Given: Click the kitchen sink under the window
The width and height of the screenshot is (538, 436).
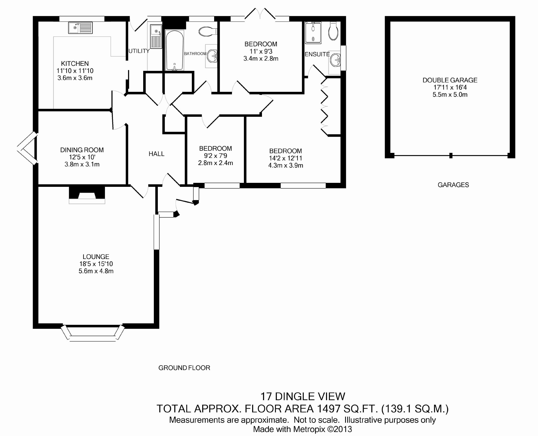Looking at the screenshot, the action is tap(80, 28).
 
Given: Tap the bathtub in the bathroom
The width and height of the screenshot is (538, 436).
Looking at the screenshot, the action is tap(174, 50).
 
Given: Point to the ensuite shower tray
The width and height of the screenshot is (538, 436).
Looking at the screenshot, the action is tap(313, 33).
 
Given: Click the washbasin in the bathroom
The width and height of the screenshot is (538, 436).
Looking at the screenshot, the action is tap(212, 56).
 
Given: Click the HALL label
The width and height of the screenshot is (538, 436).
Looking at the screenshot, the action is tap(156, 154).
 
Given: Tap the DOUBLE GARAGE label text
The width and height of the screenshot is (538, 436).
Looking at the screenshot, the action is tap(450, 80).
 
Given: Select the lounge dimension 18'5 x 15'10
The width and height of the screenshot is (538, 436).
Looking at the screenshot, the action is tap(96, 264).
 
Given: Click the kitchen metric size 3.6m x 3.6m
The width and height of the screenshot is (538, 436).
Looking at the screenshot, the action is tap(75, 78).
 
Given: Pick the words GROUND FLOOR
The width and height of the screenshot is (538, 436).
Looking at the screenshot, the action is tap(184, 368).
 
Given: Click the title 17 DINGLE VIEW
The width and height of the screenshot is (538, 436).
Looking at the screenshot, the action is tap(303, 396).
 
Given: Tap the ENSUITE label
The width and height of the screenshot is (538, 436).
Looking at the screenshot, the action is tap(317, 54).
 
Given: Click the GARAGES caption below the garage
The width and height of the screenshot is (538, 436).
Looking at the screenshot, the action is tap(453, 185).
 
